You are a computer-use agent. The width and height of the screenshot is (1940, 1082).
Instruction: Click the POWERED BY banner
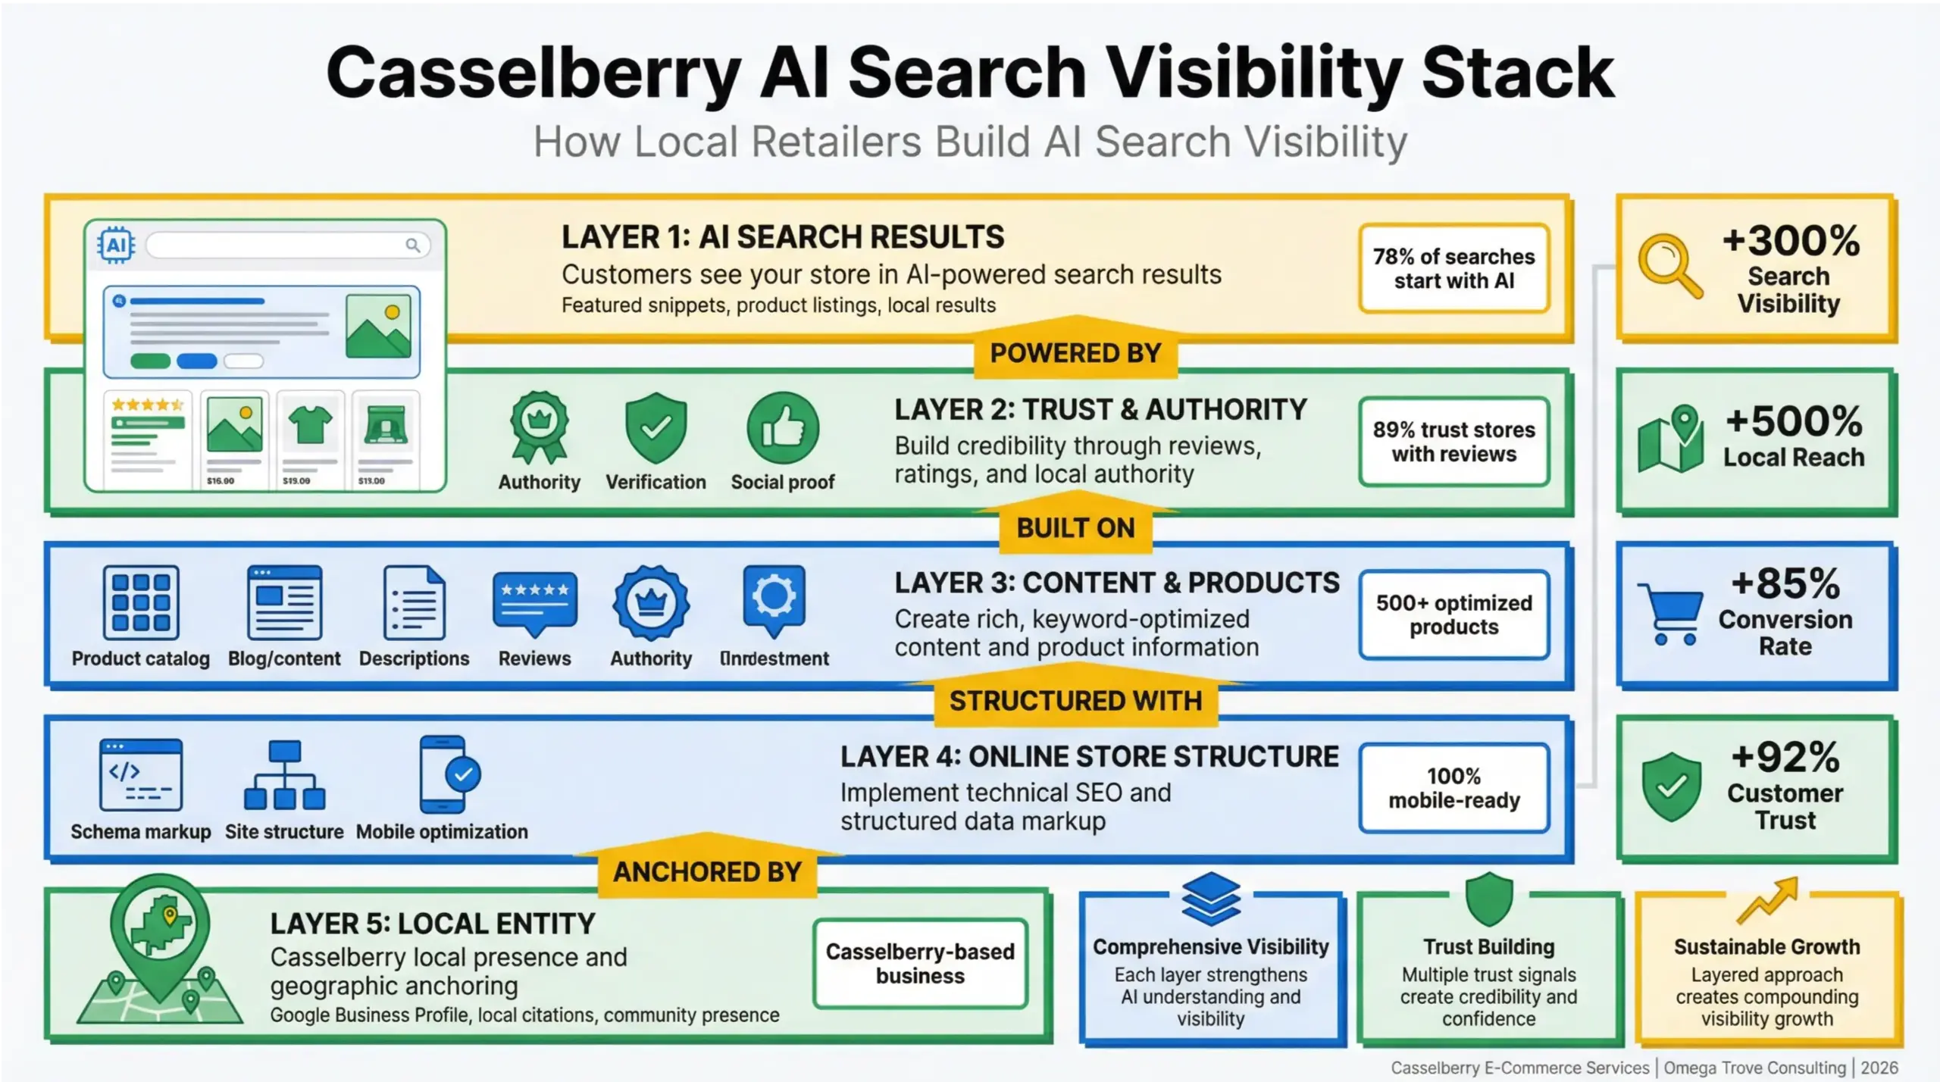pos(1075,353)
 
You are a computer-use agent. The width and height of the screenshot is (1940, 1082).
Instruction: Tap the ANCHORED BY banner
pos(706,871)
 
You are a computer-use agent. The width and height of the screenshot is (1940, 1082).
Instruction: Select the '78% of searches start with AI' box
pos(1453,268)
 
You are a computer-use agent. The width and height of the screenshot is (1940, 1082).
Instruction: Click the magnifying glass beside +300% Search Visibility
pos(1669,266)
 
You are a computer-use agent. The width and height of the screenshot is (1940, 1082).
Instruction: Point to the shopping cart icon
pos(1669,613)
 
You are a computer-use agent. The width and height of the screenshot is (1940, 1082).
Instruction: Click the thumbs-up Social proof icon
pos(783,427)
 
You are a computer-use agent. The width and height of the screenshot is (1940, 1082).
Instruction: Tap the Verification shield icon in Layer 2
pos(656,427)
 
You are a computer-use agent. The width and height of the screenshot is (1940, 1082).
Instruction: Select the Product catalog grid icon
pos(141,602)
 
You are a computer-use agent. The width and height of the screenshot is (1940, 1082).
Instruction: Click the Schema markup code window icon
pos(141,775)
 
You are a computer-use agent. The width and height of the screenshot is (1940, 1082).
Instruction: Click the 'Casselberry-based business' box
pos(919,963)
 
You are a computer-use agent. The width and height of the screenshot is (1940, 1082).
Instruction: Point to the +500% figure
pos(1793,421)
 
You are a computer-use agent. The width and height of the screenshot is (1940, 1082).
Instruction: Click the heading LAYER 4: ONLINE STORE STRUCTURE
pos(1089,756)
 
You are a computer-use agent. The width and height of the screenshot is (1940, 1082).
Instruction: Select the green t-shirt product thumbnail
pos(311,425)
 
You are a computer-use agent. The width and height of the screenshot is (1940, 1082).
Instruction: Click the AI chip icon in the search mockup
pos(116,245)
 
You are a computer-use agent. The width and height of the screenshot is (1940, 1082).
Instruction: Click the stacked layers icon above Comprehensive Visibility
pos(1210,899)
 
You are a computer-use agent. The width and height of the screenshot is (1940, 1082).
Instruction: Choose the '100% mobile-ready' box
pos(1453,788)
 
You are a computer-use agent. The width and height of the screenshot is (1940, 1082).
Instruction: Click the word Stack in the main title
pos(1517,73)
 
